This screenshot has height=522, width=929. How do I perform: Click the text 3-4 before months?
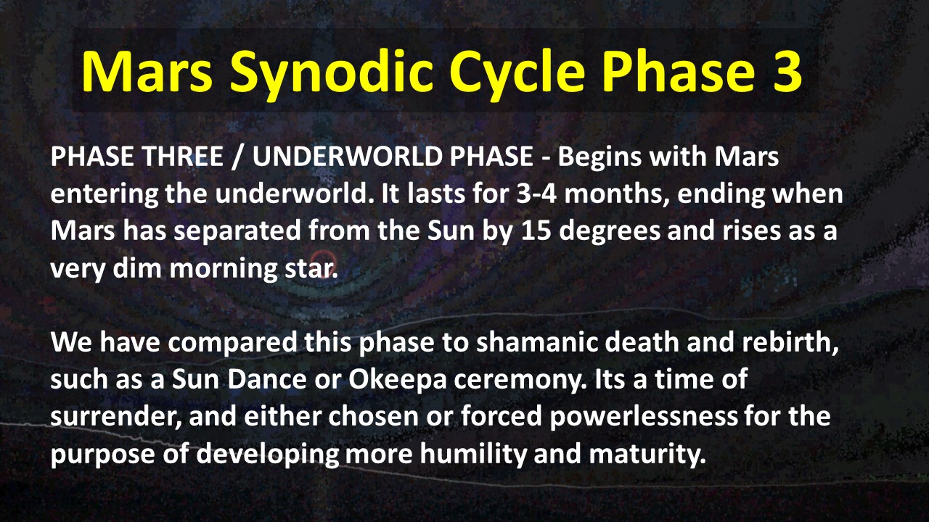536,194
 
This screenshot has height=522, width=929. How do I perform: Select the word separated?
237,231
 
